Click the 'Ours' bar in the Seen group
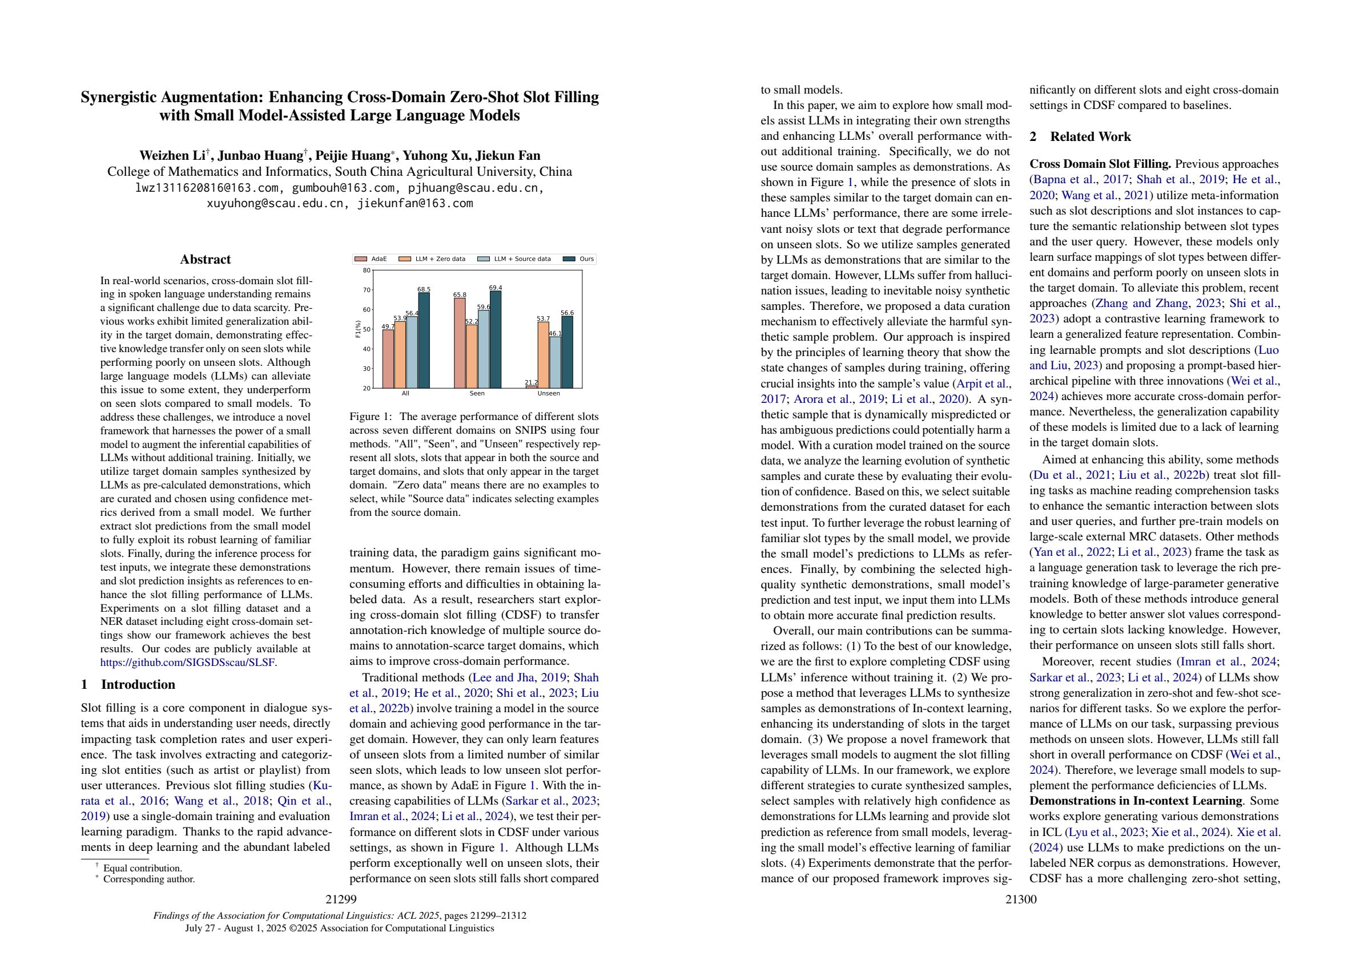point(495,340)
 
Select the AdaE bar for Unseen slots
point(531,387)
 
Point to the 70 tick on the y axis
point(367,290)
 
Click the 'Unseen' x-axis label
point(549,393)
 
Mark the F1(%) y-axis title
point(358,329)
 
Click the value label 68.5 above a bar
point(424,289)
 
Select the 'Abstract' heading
point(205,259)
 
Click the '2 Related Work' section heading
point(1080,137)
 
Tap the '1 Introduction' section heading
point(128,684)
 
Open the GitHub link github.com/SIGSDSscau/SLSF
point(188,663)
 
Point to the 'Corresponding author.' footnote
point(148,879)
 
